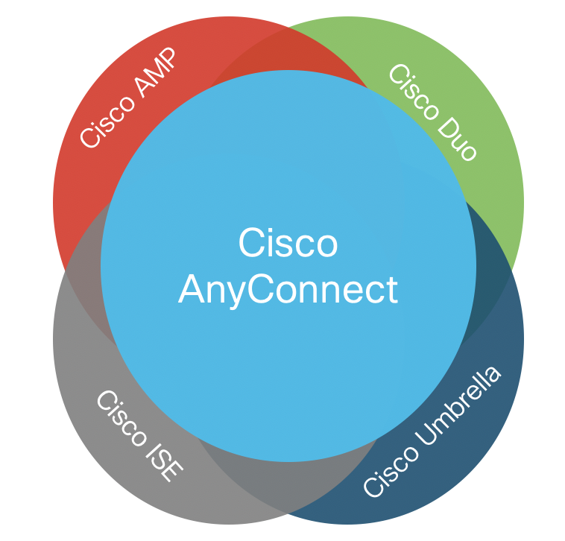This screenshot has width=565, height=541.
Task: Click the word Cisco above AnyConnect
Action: click(288, 242)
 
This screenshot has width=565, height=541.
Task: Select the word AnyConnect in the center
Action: click(288, 291)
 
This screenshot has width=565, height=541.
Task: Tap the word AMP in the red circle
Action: click(156, 72)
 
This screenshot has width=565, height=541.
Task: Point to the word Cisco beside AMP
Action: click(107, 121)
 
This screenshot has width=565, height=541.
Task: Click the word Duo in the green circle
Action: click(458, 142)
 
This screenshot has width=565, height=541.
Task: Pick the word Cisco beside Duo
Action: click(414, 92)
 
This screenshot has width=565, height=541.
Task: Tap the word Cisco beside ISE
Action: click(121, 418)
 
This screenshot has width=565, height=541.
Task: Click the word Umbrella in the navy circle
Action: click(458, 406)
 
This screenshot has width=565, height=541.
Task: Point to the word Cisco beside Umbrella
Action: click(391, 471)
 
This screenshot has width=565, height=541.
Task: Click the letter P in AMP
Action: click(167, 58)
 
